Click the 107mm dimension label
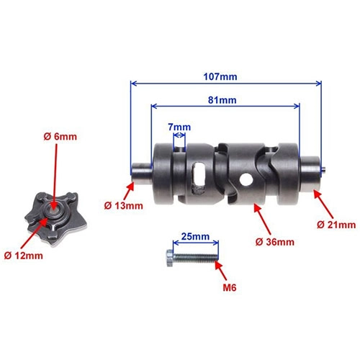tap(220, 77)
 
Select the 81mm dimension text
tap(222, 100)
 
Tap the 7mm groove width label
tap(179, 127)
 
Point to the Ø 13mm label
tap(123, 206)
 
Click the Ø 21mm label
tap(336, 225)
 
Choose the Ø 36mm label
tap(275, 242)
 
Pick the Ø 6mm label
tap(60, 137)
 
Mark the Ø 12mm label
tap(23, 256)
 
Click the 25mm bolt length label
tap(195, 236)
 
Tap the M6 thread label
tap(230, 287)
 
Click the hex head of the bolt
tap(169, 258)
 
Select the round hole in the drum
tap(246, 179)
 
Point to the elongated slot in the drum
tap(198, 178)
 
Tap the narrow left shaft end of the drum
tap(141, 173)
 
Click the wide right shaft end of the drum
tap(310, 174)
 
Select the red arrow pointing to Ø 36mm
tap(263, 220)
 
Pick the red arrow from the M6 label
tap(220, 270)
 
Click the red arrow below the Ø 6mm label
tap(55, 175)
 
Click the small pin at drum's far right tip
tap(323, 170)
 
